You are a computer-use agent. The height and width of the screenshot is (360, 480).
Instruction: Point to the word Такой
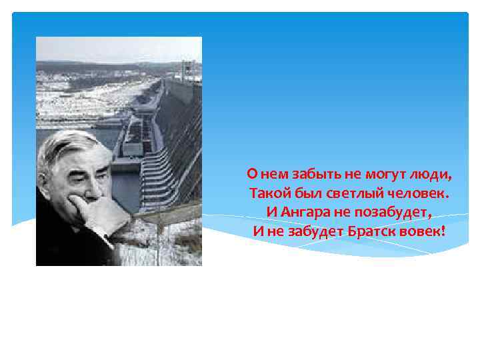pos(266,194)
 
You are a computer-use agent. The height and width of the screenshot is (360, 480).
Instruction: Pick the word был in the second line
pos(304,194)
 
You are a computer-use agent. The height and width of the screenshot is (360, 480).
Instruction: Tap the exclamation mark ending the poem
pos(442,231)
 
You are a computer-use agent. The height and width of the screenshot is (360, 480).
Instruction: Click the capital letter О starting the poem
pos(251,175)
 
